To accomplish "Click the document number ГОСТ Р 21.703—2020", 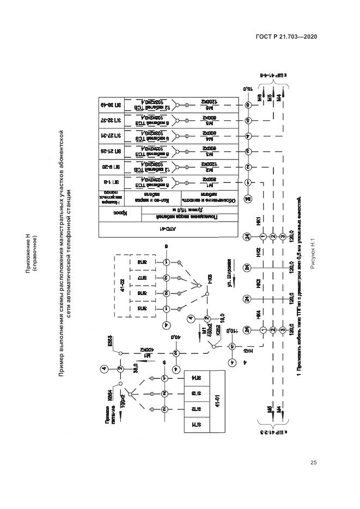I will (x=287, y=36).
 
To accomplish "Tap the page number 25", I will (x=313, y=463).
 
